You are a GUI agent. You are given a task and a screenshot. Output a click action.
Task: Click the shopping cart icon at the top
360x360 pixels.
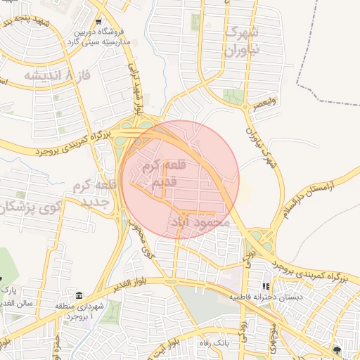(98, 22)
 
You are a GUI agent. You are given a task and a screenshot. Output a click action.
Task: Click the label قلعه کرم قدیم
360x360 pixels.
(166, 174)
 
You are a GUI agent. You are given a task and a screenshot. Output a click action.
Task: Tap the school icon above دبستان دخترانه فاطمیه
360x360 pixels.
(266, 287)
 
